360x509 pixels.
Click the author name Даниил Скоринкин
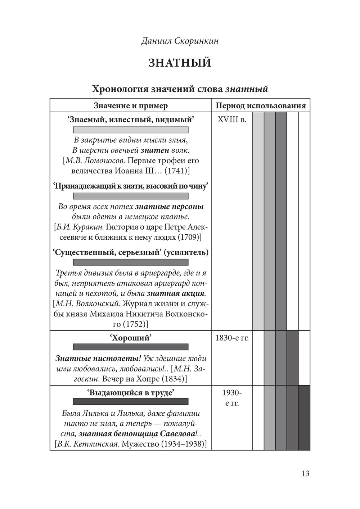point(180,41)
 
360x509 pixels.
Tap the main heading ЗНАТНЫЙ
point(180,63)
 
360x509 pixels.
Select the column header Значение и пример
point(131,105)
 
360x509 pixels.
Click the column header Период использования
point(261,105)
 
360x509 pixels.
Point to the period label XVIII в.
point(232,120)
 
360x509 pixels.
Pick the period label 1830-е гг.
point(232,338)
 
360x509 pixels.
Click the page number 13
point(305,473)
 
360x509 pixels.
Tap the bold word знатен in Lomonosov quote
point(155,150)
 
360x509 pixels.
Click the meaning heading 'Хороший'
point(130,338)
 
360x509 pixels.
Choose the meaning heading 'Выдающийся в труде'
point(130,392)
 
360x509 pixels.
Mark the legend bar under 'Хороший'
point(131,347)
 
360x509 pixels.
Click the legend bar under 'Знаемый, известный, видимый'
point(131,130)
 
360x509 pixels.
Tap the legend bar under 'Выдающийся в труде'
point(131,402)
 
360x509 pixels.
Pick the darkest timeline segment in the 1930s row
point(304,418)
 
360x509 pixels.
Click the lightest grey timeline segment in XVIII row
point(258,221)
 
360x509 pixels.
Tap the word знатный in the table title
point(247,89)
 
